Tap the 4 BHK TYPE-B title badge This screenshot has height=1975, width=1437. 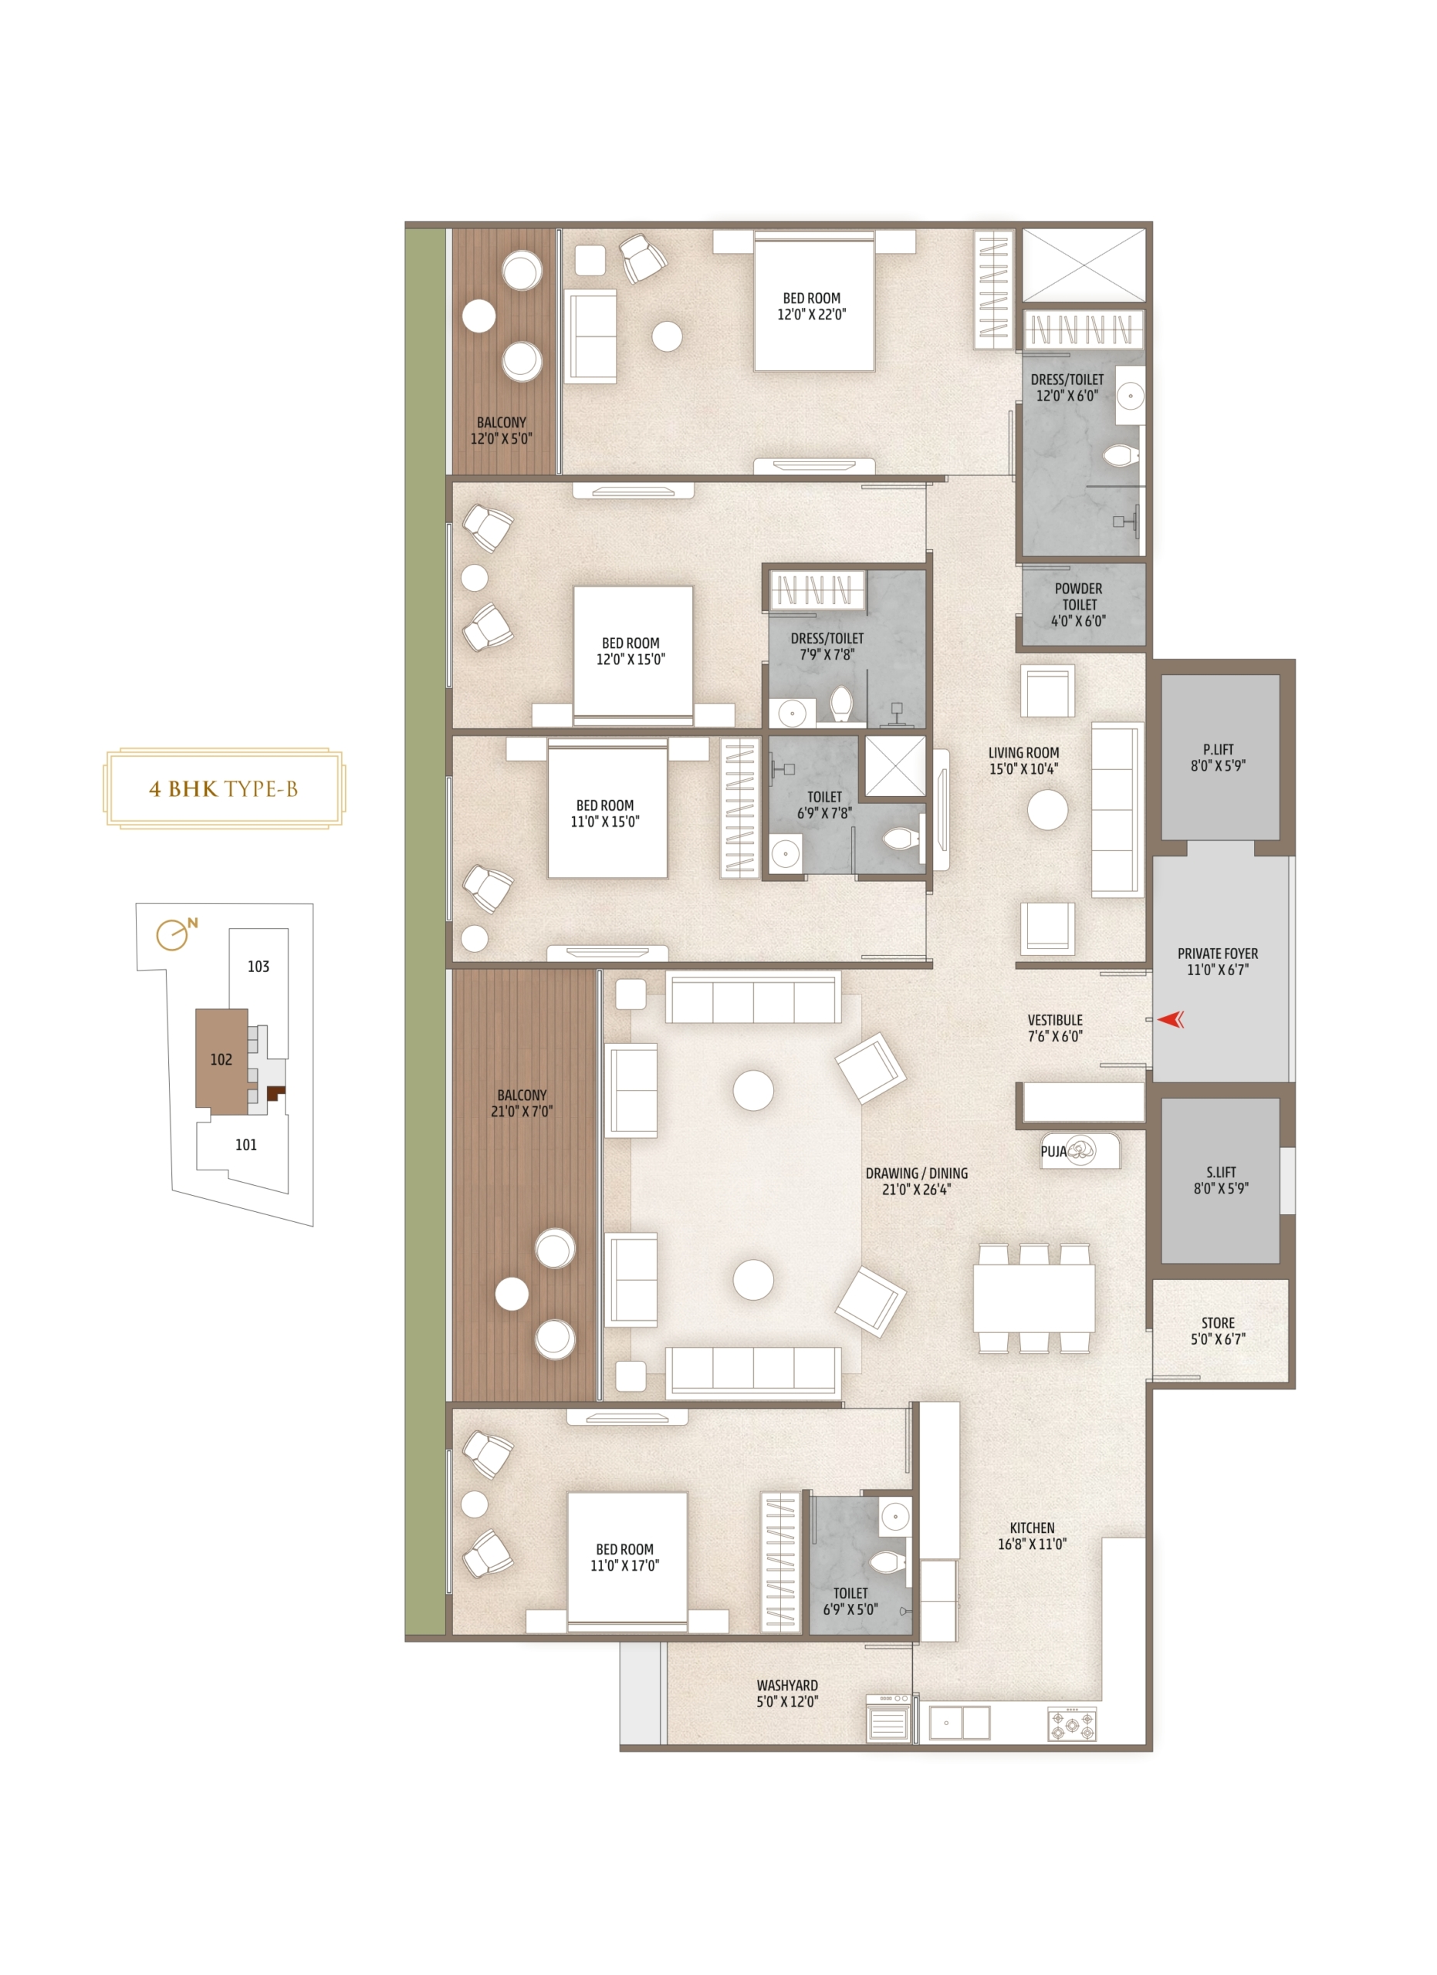pos(224,788)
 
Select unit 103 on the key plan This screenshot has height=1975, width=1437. pos(258,967)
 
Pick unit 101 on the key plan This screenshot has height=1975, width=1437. pos(245,1145)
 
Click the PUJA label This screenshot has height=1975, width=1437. pos(1053,1151)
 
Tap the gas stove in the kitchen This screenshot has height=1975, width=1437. pos(1071,1724)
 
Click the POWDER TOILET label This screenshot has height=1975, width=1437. pos(1078,604)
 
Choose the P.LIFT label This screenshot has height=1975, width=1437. pos(1218,758)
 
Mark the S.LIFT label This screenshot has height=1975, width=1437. pos(1220,1180)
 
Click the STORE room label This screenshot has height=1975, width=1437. pos(1218,1331)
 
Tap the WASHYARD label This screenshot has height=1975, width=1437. pos(786,1693)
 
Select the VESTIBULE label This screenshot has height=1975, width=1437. pos(1055,1028)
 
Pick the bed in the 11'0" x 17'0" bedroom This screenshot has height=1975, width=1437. pos(627,1560)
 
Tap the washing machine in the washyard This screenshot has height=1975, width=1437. pos(888,1718)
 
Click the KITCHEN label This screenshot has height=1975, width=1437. pos(1032,1535)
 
